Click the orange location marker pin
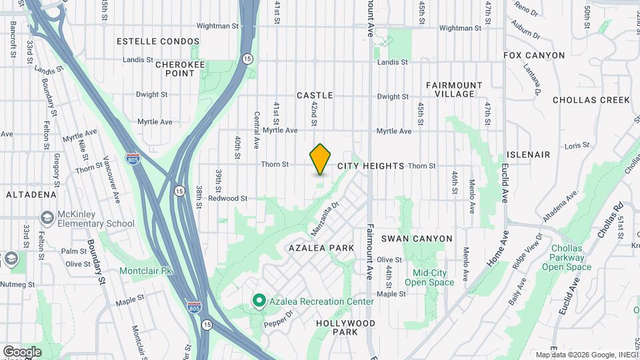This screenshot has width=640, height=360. [321, 159]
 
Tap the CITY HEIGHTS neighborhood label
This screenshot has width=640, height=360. [371, 166]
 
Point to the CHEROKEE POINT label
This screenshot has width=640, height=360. [175, 69]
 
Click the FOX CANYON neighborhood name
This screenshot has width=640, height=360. [534, 55]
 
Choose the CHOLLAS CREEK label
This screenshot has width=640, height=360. [591, 100]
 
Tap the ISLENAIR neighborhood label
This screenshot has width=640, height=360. [528, 155]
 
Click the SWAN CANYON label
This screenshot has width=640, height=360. [417, 239]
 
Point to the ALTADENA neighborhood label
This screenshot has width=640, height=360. [31, 195]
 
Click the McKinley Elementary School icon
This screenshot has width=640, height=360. [47, 218]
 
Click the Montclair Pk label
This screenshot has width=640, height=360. [146, 271]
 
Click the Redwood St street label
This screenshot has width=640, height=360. [227, 199]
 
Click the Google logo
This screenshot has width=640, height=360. [21, 352]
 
